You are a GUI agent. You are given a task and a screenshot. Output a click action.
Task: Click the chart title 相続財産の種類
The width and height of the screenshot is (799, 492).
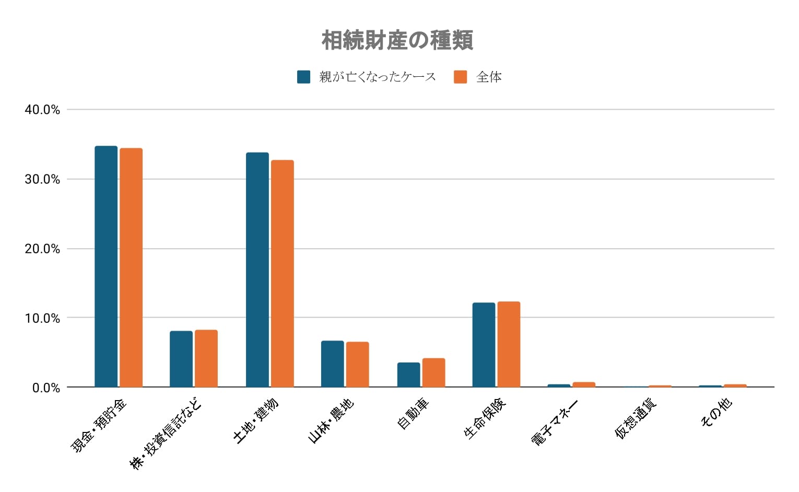click(x=397, y=40)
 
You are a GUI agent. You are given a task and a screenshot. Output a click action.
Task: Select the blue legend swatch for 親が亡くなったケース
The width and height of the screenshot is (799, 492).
click(x=303, y=77)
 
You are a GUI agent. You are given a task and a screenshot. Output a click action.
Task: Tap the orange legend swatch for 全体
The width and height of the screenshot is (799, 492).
click(x=460, y=77)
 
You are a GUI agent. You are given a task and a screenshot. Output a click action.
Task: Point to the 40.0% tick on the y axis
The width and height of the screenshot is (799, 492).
click(x=42, y=110)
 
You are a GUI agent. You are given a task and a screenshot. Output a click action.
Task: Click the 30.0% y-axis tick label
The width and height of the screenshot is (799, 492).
click(x=42, y=179)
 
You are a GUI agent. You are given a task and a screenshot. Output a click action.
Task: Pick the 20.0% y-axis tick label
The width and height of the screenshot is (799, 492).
click(x=42, y=249)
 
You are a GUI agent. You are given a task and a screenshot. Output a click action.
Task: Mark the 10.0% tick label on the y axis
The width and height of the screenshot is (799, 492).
click(x=42, y=318)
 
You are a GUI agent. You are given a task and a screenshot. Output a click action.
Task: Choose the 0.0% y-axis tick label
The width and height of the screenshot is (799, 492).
click(x=46, y=388)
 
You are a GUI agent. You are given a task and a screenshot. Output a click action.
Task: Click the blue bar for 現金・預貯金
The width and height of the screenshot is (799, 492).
click(x=106, y=266)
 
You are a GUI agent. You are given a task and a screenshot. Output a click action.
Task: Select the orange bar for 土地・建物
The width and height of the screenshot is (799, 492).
click(x=282, y=273)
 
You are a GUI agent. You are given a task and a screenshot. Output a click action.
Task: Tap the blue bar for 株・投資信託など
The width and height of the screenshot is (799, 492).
click(x=181, y=359)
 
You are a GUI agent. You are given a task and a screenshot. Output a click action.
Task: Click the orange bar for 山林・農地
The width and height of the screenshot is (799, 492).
click(x=357, y=364)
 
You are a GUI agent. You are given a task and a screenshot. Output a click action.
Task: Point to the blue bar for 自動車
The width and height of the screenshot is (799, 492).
click(x=408, y=374)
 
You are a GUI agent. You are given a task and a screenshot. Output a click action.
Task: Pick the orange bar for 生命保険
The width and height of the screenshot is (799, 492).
click(x=509, y=344)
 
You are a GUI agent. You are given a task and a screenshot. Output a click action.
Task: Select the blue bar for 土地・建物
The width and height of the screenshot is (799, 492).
click(x=257, y=270)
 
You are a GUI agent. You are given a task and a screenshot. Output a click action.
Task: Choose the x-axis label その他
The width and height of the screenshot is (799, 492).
click(x=716, y=412)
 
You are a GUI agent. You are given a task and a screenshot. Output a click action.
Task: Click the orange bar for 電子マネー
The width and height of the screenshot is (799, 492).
click(x=584, y=384)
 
